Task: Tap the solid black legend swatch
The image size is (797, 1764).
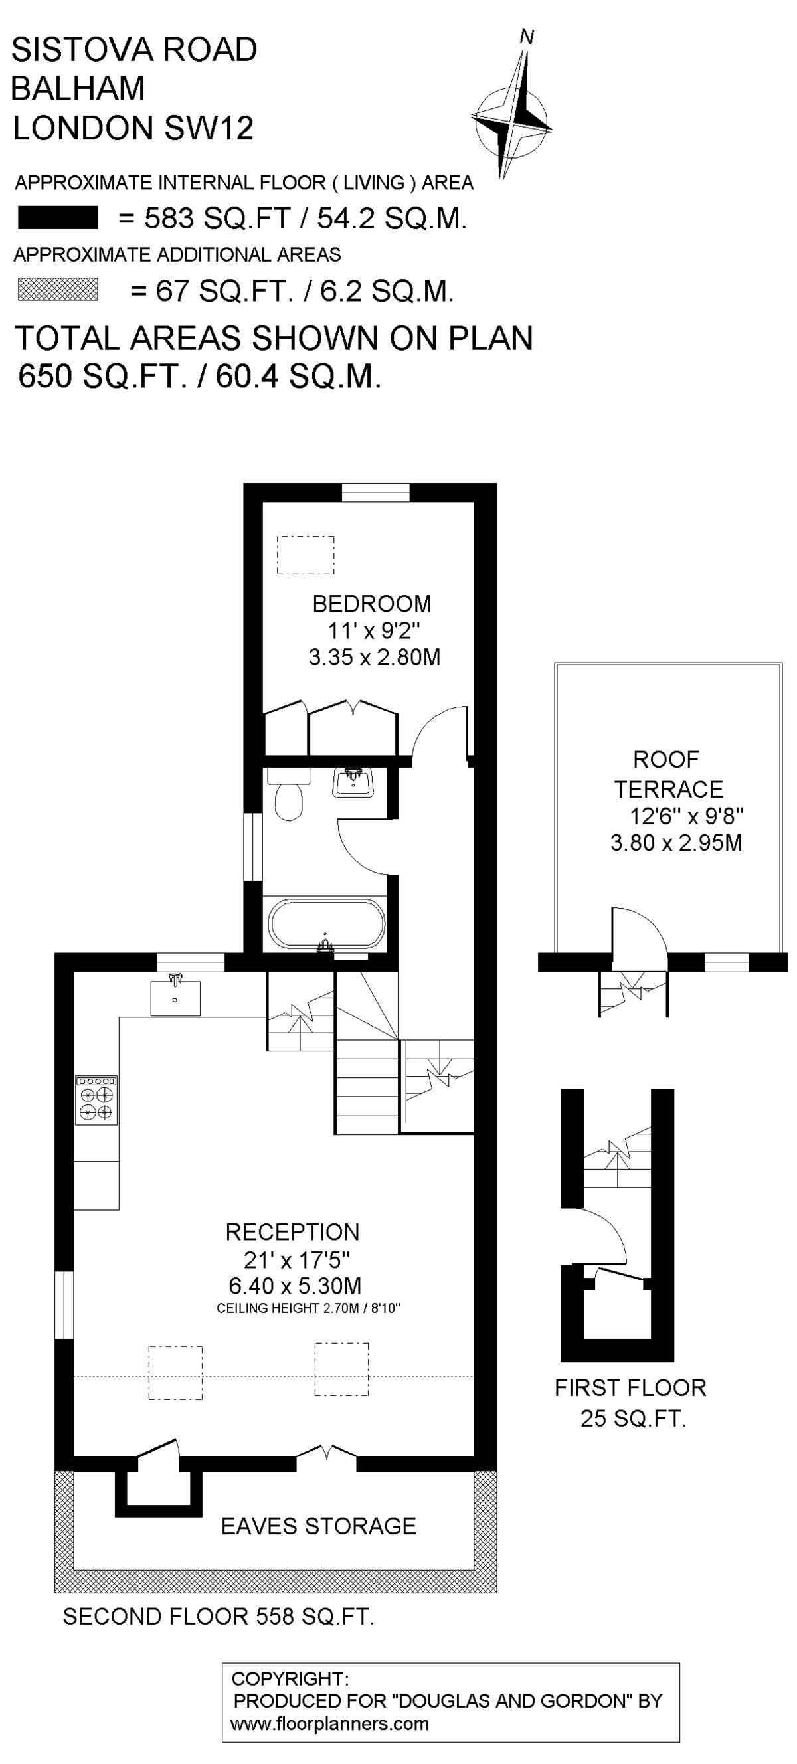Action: click(x=58, y=218)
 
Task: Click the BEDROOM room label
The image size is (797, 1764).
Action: click(x=372, y=603)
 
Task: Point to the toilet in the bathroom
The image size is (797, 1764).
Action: click(x=288, y=794)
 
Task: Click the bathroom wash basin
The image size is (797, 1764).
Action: click(x=353, y=782)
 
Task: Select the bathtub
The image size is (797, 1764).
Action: click(x=326, y=925)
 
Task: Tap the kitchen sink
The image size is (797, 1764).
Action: click(x=175, y=998)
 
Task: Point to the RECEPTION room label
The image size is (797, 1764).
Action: click(x=292, y=1232)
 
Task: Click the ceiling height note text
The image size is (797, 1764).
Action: click(x=308, y=1308)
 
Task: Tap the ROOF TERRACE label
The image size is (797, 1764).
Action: click(x=667, y=774)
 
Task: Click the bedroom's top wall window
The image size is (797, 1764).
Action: click(x=375, y=492)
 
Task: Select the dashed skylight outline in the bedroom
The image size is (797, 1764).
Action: click(x=306, y=555)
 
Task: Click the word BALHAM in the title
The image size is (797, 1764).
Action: click(x=79, y=88)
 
